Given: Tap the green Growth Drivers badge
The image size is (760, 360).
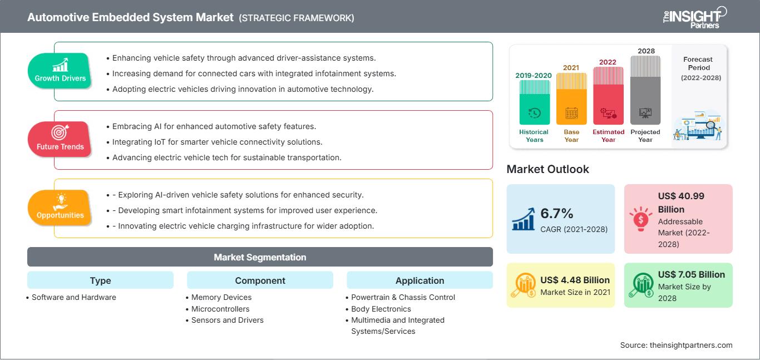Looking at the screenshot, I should pyautogui.click(x=60, y=71).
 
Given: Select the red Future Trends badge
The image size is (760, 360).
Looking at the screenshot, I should pyautogui.click(x=60, y=139).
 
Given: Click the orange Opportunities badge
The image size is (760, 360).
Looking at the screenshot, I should pyautogui.click(x=60, y=208).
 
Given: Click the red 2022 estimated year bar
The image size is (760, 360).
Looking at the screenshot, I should pyautogui.click(x=608, y=95).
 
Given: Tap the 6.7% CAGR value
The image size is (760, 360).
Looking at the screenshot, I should pyautogui.click(x=557, y=214).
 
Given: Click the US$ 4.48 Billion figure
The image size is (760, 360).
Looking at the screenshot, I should pyautogui.click(x=575, y=280).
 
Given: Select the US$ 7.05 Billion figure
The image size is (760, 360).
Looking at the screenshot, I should pyautogui.click(x=691, y=274).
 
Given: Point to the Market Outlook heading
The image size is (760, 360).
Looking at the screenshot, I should pyautogui.click(x=547, y=169).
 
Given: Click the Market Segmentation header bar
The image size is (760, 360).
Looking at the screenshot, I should pyautogui.click(x=260, y=257).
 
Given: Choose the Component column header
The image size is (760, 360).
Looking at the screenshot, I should pyautogui.click(x=260, y=280).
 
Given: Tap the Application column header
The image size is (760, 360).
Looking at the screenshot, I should pyautogui.click(x=420, y=280).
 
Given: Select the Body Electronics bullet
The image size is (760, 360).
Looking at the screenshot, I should pyautogui.click(x=381, y=309).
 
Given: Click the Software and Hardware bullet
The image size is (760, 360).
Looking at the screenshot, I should pyautogui.click(x=73, y=297).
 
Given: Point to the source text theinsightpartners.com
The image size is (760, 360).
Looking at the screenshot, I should pyautogui.click(x=676, y=345).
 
